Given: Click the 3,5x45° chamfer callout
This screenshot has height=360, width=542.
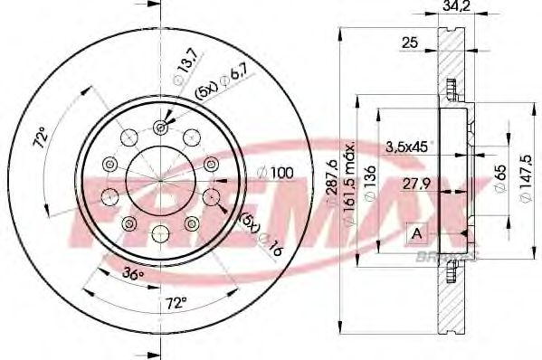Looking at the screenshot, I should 407,146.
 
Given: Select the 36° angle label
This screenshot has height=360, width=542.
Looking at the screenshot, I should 134,273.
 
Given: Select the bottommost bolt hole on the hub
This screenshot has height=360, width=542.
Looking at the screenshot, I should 159,231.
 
